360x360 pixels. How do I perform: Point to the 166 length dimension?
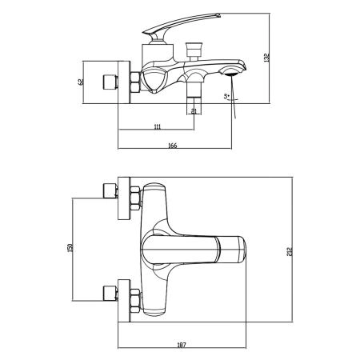[174, 145]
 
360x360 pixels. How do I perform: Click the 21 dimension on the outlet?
[194, 111]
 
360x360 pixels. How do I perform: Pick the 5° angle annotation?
[227, 98]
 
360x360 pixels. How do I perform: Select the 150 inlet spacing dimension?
[70, 249]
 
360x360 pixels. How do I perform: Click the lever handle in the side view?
[172, 27]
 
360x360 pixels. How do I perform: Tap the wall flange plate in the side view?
[123, 81]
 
